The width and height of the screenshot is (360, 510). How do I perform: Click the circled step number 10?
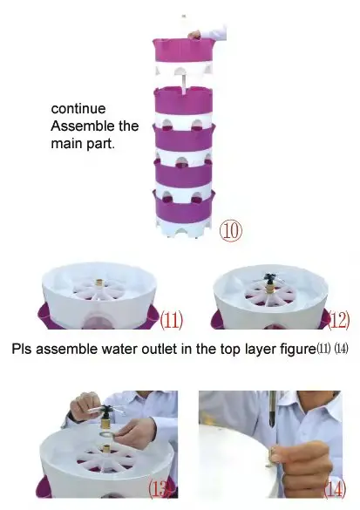(x=231, y=231)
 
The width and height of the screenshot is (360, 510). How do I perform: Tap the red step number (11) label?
(x=172, y=320)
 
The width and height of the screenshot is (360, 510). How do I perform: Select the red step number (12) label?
(x=339, y=320)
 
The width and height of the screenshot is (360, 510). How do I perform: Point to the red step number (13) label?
(x=160, y=488)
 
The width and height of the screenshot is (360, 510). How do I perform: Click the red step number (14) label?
(x=335, y=489)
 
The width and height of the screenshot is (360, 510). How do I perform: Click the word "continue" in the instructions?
(x=78, y=109)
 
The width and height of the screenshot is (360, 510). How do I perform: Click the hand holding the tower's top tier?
(x=195, y=34)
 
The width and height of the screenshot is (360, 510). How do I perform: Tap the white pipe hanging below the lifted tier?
(x=184, y=83)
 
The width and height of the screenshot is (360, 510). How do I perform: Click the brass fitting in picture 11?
(x=100, y=283)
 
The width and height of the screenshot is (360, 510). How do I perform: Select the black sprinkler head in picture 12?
(x=269, y=278)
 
